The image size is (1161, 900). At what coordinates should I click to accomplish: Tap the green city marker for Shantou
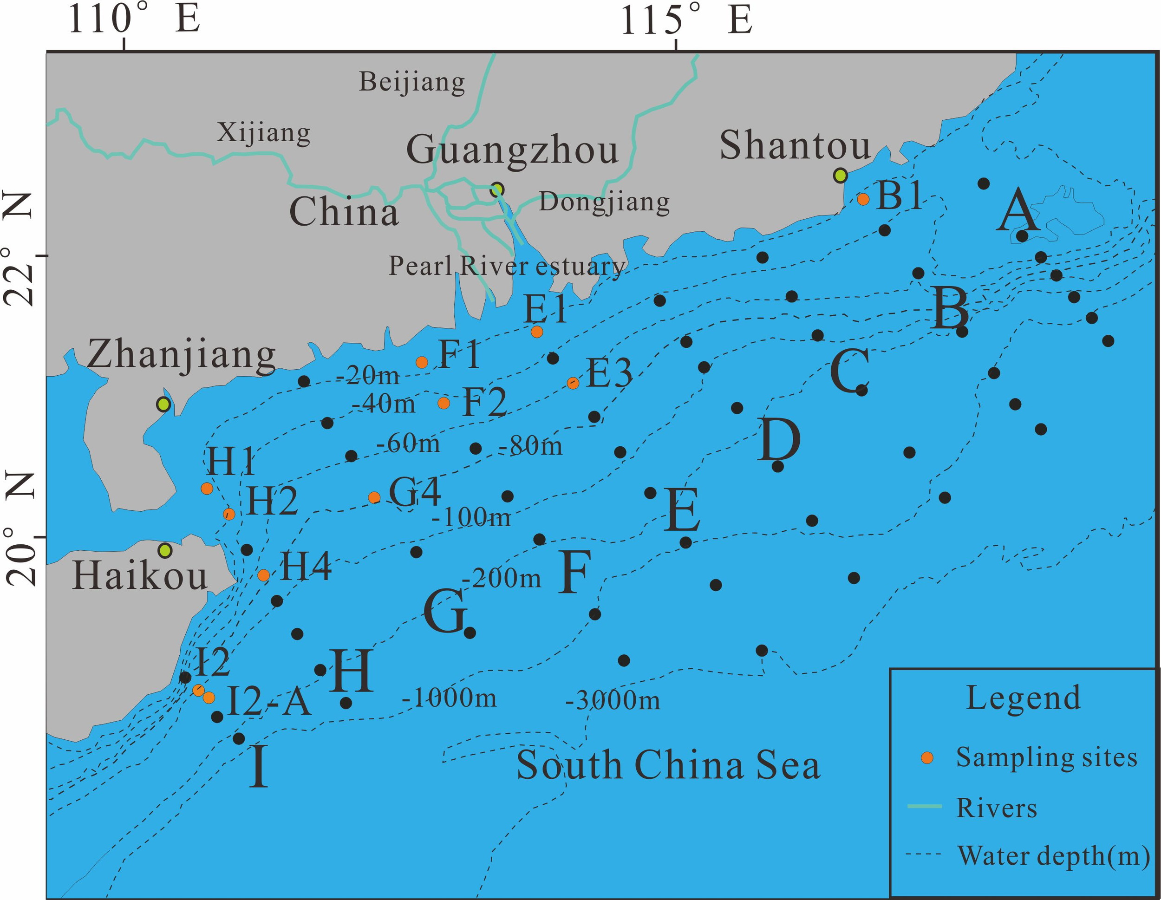point(840,175)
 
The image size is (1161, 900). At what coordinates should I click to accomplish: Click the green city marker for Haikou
point(165,550)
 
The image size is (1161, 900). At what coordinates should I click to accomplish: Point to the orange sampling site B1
point(863,199)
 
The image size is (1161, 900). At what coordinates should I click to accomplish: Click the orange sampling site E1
point(537,332)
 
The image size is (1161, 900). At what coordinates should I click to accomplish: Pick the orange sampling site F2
point(444,403)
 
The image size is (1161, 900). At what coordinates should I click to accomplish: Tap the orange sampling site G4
point(374,497)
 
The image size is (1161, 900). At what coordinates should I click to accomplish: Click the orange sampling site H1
point(207,489)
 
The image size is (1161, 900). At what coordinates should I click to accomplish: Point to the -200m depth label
point(501,578)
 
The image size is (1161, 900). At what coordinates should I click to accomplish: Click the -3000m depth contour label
point(613,701)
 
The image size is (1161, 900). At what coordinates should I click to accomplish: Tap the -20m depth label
point(368,376)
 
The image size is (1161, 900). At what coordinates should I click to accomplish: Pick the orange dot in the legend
point(927,758)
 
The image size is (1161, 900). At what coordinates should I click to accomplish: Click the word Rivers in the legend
point(996,808)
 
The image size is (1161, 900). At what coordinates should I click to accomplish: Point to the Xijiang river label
point(264,133)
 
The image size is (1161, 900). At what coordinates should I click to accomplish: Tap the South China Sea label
point(668,765)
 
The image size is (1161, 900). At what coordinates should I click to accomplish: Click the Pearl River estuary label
point(507,266)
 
